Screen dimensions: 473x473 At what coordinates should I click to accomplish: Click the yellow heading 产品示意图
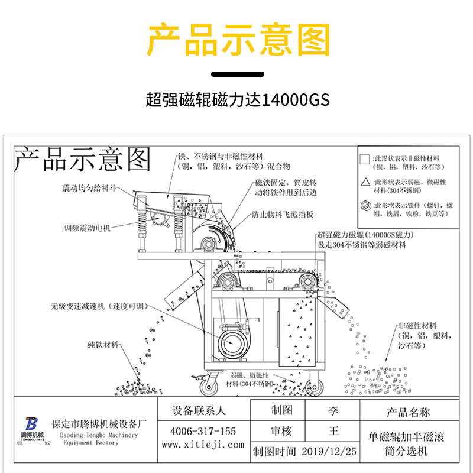pyautogui.click(x=237, y=41)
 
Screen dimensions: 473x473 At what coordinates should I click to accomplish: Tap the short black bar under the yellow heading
pyautogui.click(x=238, y=74)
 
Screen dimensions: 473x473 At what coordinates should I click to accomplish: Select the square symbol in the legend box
pyautogui.click(x=365, y=159)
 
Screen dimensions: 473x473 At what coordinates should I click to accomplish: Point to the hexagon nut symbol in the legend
pyautogui.click(x=365, y=206)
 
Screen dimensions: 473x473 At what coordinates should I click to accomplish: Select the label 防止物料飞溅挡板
pyautogui.click(x=281, y=215)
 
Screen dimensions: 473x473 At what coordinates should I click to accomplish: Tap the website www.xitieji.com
pyautogui.click(x=202, y=445)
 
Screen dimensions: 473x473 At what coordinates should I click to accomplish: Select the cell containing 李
pyautogui.click(x=333, y=410)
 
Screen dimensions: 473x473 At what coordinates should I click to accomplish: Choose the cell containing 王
pyautogui.click(x=333, y=431)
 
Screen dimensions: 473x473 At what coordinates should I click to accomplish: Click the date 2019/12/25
pyautogui.click(x=329, y=452)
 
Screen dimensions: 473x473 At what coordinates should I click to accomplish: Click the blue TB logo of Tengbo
pyautogui.click(x=32, y=425)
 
